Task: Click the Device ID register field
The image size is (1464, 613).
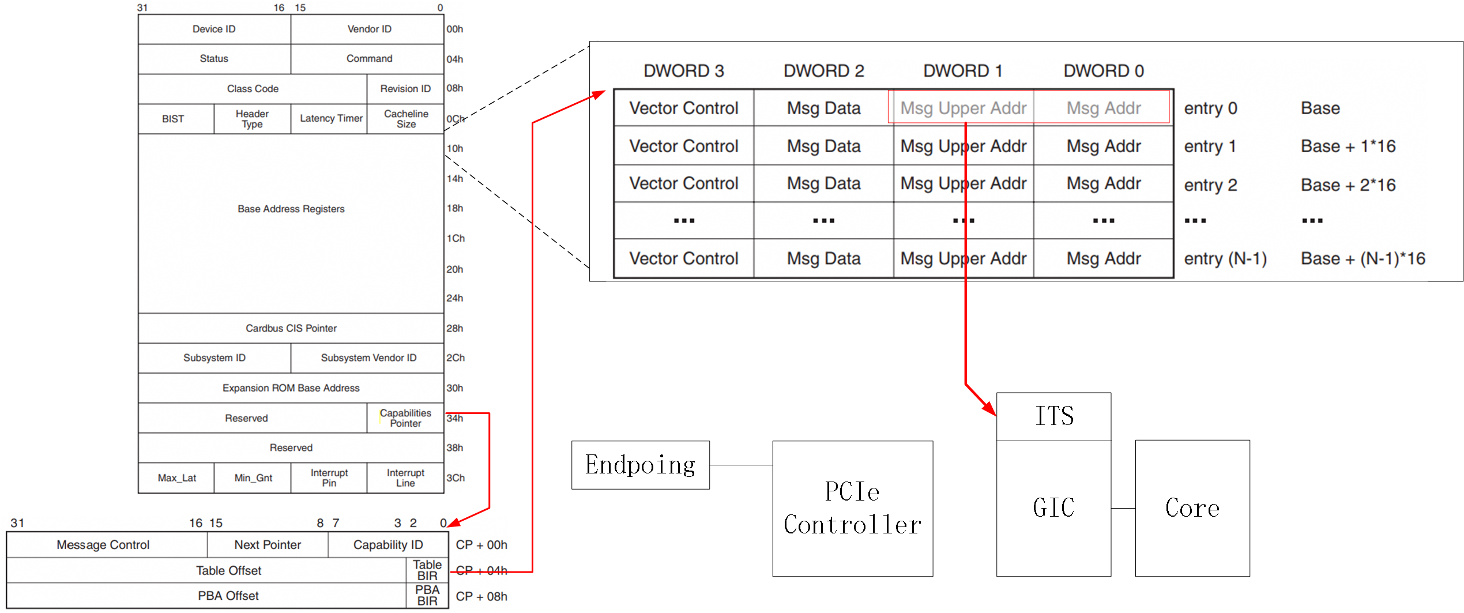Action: pyautogui.click(x=214, y=29)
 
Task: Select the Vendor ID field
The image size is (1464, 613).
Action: pyautogui.click(x=369, y=29)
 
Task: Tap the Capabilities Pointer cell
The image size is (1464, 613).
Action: pyautogui.click(x=405, y=418)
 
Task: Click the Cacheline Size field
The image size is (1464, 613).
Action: pyautogui.click(x=405, y=119)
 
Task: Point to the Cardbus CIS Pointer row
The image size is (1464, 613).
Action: pyautogui.click(x=291, y=328)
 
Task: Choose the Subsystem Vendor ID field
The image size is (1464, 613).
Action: pyautogui.click(x=368, y=358)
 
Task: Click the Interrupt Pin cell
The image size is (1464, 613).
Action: pyautogui.click(x=329, y=477)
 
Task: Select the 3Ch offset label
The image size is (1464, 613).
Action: pyautogui.click(x=455, y=477)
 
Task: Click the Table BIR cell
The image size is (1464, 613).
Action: pyautogui.click(x=427, y=570)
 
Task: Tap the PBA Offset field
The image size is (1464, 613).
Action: pyautogui.click(x=228, y=596)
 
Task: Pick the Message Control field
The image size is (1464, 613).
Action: pyautogui.click(x=103, y=545)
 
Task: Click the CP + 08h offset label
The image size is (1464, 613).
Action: pyautogui.click(x=481, y=596)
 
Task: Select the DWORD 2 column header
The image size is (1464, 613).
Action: pyautogui.click(x=823, y=71)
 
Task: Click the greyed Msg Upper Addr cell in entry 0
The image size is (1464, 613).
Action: pyautogui.click(x=962, y=108)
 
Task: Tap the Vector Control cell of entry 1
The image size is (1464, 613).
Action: pyautogui.click(x=683, y=146)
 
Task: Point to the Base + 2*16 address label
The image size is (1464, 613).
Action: pyautogui.click(x=1348, y=185)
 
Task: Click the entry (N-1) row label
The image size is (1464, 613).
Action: pyautogui.click(x=1225, y=259)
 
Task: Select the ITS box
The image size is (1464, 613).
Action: pyautogui.click(x=1053, y=416)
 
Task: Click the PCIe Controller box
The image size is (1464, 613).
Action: pyautogui.click(x=852, y=508)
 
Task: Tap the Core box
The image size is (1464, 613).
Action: pyautogui.click(x=1192, y=508)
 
